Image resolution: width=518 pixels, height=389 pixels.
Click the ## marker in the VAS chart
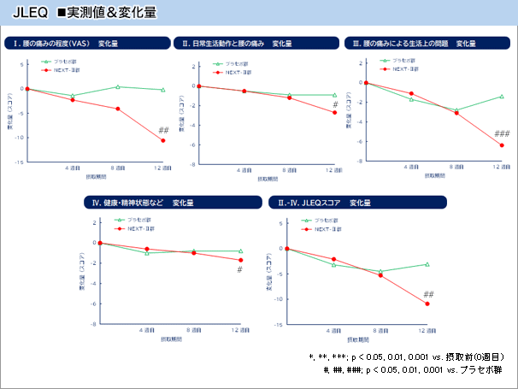163,130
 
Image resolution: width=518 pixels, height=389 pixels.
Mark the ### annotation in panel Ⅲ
502,133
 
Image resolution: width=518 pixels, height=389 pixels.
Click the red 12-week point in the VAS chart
163,140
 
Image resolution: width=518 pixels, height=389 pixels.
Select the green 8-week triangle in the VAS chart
118,86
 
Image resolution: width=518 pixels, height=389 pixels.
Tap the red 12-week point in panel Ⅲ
502,145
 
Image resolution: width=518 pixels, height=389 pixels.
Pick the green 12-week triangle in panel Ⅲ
502,97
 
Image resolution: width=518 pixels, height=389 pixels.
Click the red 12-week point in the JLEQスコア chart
427,304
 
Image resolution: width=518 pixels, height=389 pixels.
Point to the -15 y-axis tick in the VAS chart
17,162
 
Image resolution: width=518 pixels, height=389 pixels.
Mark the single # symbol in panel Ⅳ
240,269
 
